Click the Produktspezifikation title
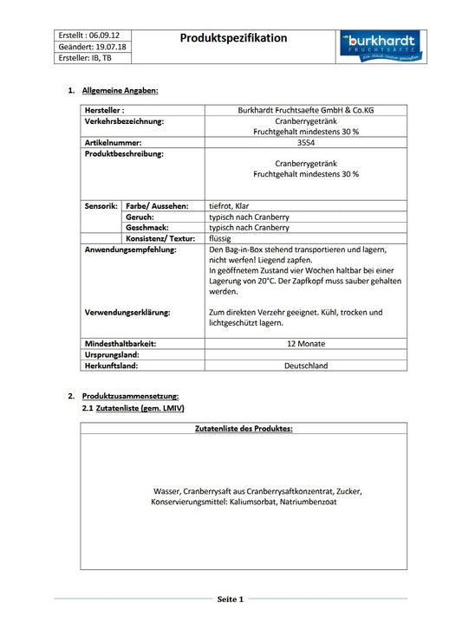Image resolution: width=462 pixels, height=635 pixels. click(233, 38)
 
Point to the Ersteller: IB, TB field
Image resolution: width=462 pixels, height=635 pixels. click(85, 58)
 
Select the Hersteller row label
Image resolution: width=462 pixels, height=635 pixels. click(105, 111)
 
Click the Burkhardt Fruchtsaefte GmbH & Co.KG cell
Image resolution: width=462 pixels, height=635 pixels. click(305, 111)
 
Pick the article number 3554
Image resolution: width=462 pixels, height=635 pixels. click(305, 143)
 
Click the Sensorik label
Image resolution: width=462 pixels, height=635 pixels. click(101, 206)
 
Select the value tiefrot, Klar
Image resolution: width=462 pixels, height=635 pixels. click(236, 206)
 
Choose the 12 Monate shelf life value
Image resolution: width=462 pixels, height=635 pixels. click(305, 344)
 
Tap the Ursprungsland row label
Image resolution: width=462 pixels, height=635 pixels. click(112, 355)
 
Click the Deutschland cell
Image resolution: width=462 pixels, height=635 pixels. click(305, 366)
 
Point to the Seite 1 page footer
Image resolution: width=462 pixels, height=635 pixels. click(231, 599)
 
